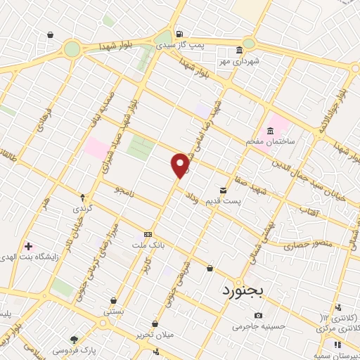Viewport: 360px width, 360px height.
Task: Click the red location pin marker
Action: click(x=181, y=164)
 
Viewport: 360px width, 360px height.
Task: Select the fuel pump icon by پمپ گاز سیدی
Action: click(x=181, y=33)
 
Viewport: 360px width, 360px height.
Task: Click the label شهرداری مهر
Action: click(x=238, y=62)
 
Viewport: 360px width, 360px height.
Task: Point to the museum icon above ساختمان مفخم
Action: click(x=270, y=131)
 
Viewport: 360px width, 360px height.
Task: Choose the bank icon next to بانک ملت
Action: click(x=147, y=234)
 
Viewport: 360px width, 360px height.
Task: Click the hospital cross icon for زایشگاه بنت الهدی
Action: click(x=29, y=246)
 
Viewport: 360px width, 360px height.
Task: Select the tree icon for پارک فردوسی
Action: click(x=75, y=338)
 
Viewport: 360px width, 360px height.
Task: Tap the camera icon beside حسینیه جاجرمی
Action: click(x=259, y=315)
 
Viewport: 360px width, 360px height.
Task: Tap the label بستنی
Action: click(x=113, y=311)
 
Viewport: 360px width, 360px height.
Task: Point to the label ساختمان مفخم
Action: click(x=264, y=142)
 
